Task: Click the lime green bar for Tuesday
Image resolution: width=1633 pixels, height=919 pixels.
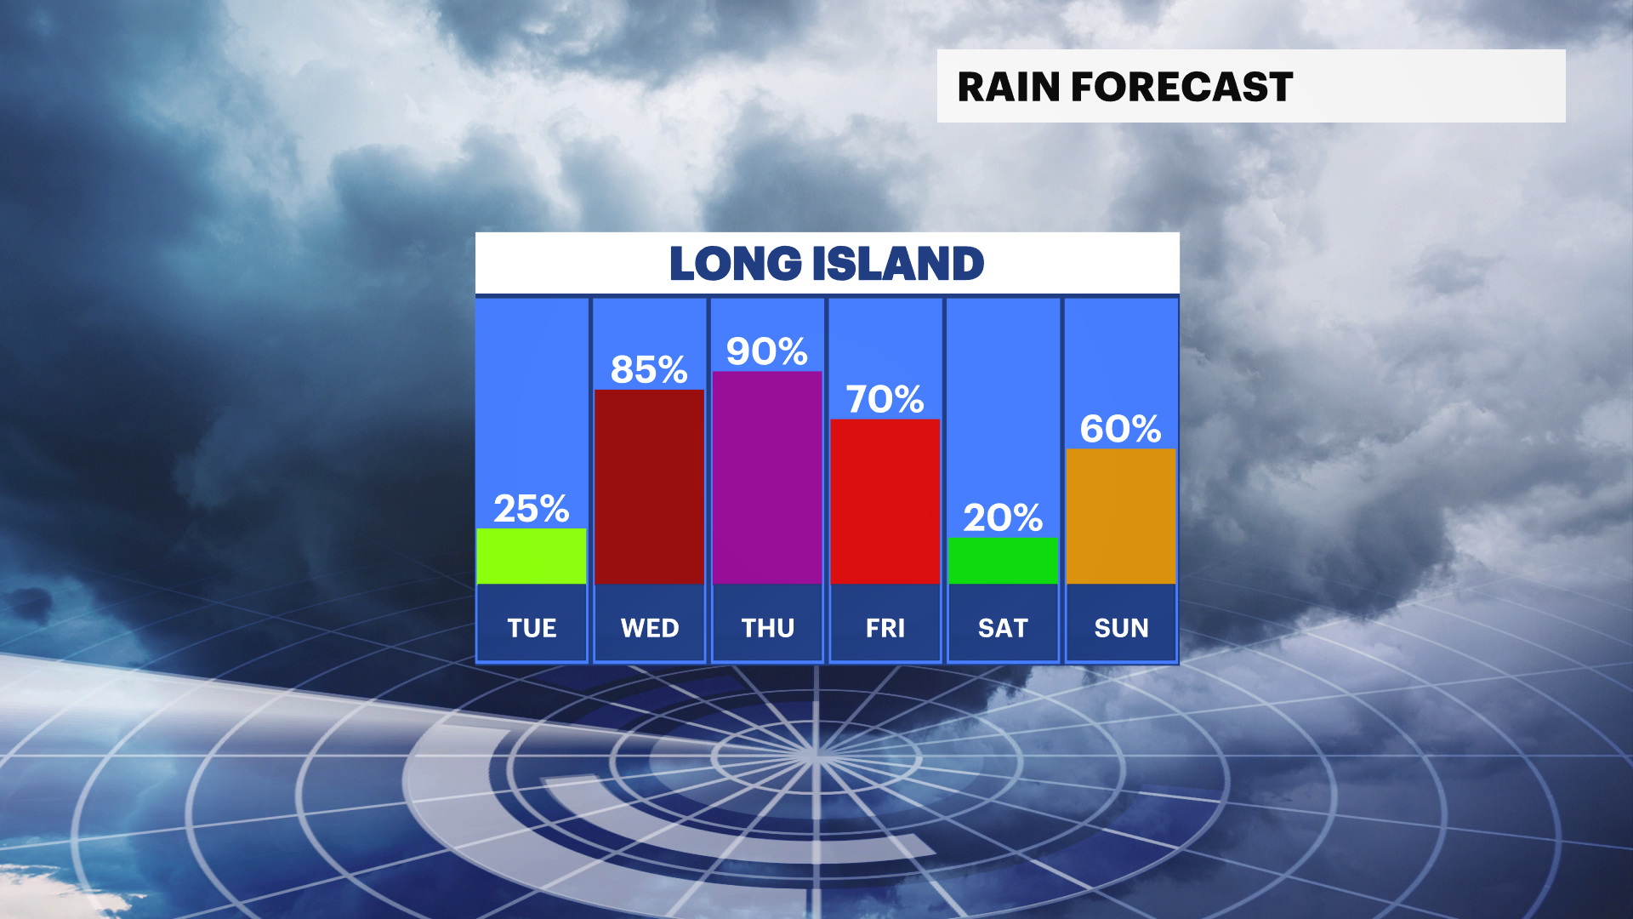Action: [532, 557]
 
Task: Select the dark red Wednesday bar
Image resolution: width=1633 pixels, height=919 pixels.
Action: [649, 487]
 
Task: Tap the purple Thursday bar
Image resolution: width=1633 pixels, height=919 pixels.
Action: [767, 477]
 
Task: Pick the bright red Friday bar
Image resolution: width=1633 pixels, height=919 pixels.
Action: [885, 502]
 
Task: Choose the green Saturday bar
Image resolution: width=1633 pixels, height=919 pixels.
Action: [1003, 561]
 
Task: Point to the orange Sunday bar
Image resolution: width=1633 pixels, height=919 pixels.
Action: [1121, 517]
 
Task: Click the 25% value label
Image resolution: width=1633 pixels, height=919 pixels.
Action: [532, 509]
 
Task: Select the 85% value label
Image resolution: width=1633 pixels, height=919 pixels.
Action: [649, 369]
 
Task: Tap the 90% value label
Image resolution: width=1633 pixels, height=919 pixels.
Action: [767, 351]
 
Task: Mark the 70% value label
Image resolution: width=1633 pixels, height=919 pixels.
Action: [885, 399]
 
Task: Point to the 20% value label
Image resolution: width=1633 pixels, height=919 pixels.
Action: [1003, 517]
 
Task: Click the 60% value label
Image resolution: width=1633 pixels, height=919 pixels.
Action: [1121, 429]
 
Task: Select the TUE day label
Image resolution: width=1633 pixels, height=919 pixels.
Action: [532, 628]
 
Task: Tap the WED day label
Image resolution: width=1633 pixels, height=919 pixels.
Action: [650, 628]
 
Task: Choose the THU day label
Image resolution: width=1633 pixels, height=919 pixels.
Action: [767, 628]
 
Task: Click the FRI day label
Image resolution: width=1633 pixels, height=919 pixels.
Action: [885, 628]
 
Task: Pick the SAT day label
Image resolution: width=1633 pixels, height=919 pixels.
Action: [1003, 628]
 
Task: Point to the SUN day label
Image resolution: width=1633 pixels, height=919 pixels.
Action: [1121, 628]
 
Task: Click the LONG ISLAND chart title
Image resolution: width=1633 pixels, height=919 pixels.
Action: [827, 263]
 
